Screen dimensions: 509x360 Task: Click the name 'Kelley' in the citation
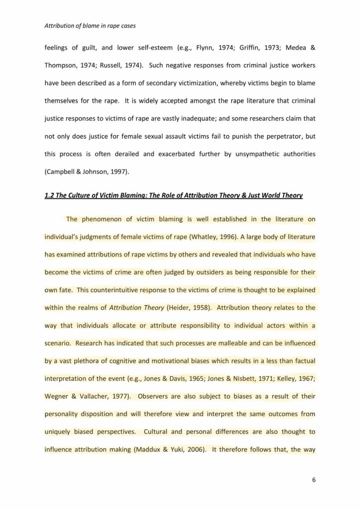point(285,379)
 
